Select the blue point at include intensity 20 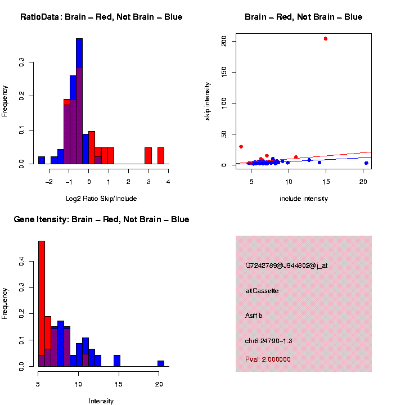(x=366, y=163)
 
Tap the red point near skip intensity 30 (x=241, y=146)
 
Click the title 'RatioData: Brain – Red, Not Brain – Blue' (x=101, y=17)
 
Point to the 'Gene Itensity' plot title (x=101, y=219)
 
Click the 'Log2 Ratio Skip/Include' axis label (x=101, y=199)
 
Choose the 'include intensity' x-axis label (x=304, y=199)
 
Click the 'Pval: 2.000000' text (x=268, y=359)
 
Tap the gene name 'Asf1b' (x=254, y=316)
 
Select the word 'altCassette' (x=262, y=291)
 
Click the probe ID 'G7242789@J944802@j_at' (x=286, y=265)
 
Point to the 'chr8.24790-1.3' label (x=268, y=341)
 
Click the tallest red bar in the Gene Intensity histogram (x=42, y=304)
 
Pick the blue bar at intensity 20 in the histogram (x=161, y=363)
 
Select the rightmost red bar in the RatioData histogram (x=161, y=156)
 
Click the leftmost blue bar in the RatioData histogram (x=42, y=160)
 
